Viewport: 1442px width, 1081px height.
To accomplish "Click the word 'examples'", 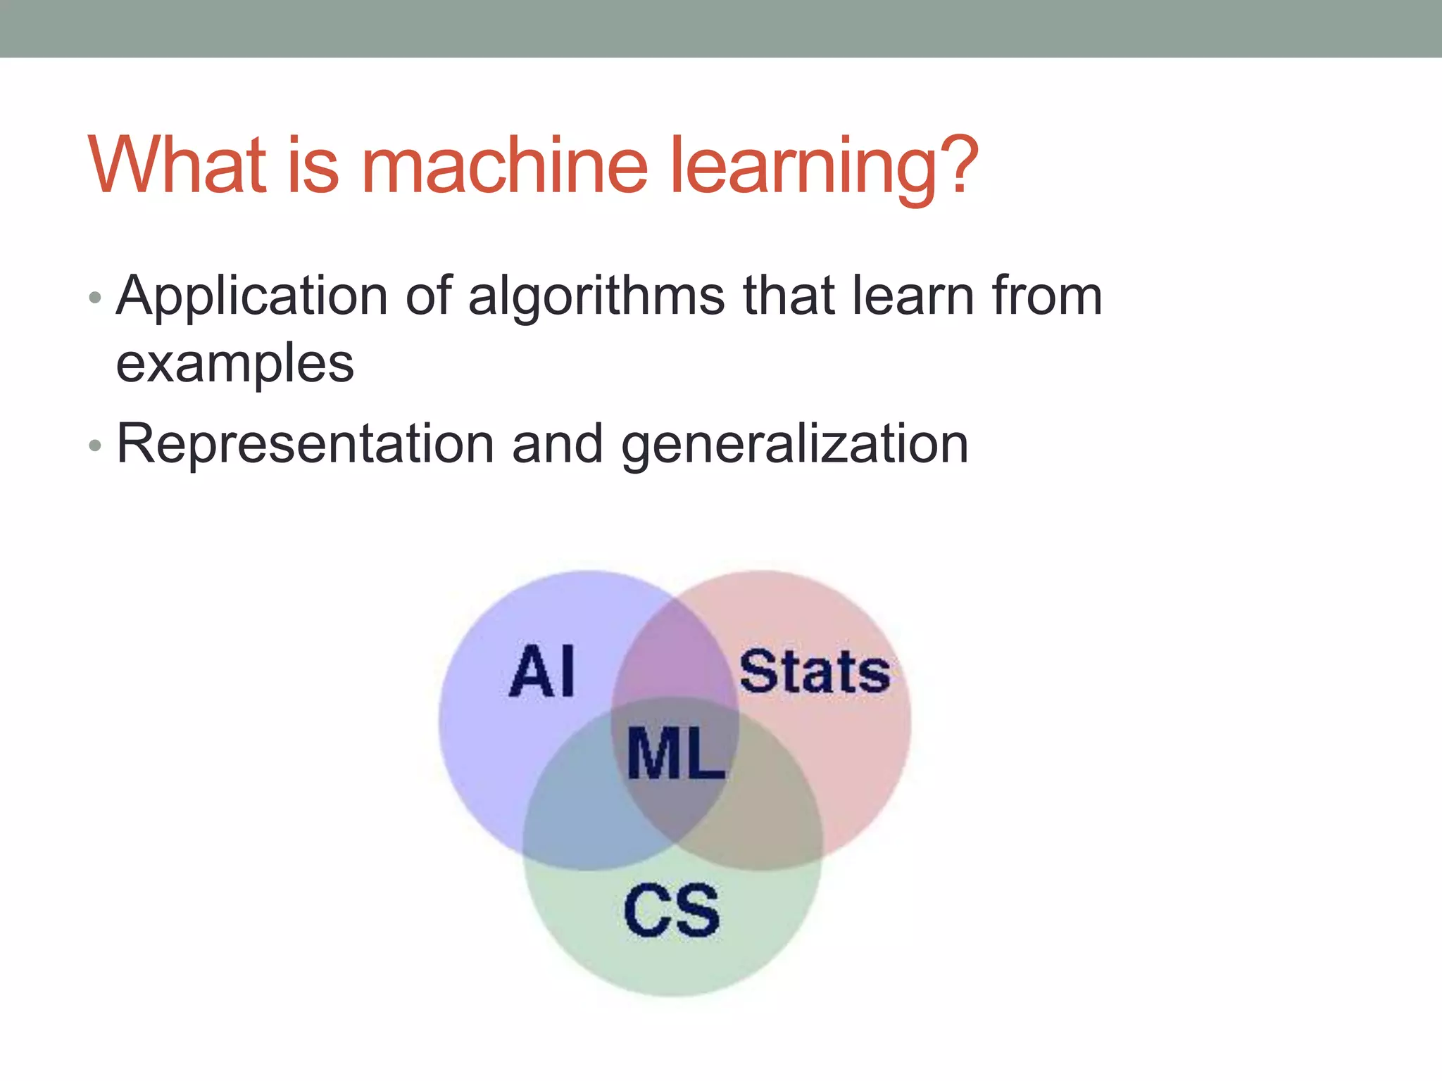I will tap(234, 365).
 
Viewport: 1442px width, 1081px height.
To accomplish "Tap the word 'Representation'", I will tap(306, 444).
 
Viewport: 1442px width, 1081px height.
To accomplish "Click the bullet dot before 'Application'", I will tap(96, 298).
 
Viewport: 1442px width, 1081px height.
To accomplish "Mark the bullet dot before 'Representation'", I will tap(96, 445).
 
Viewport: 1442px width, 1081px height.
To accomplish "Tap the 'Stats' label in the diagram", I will tap(815, 672).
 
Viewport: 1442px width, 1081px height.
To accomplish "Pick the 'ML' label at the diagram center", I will tap(675, 754).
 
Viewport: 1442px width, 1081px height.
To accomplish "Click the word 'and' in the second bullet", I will tap(558, 444).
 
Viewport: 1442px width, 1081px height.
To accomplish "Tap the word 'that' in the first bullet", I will tap(789, 296).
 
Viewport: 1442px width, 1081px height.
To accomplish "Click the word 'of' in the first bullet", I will tap(428, 296).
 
